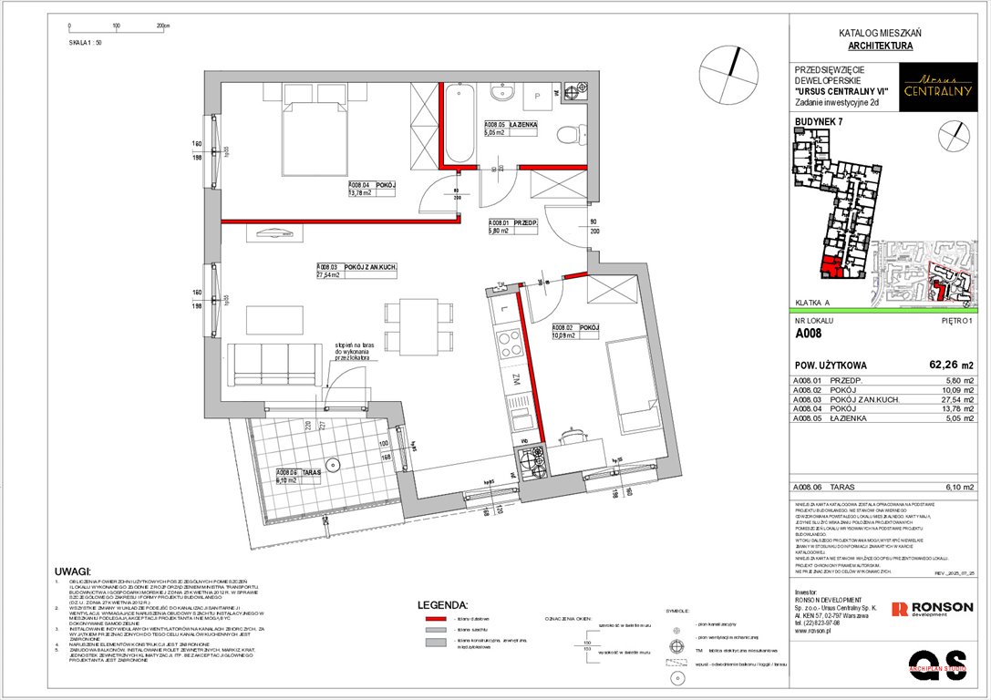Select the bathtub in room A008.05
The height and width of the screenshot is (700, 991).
click(457, 125)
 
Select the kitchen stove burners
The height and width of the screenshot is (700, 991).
click(530, 458)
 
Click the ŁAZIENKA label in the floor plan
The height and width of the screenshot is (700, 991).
click(529, 125)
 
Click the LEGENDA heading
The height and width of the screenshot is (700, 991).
click(442, 605)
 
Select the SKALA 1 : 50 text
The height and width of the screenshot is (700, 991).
click(86, 42)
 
